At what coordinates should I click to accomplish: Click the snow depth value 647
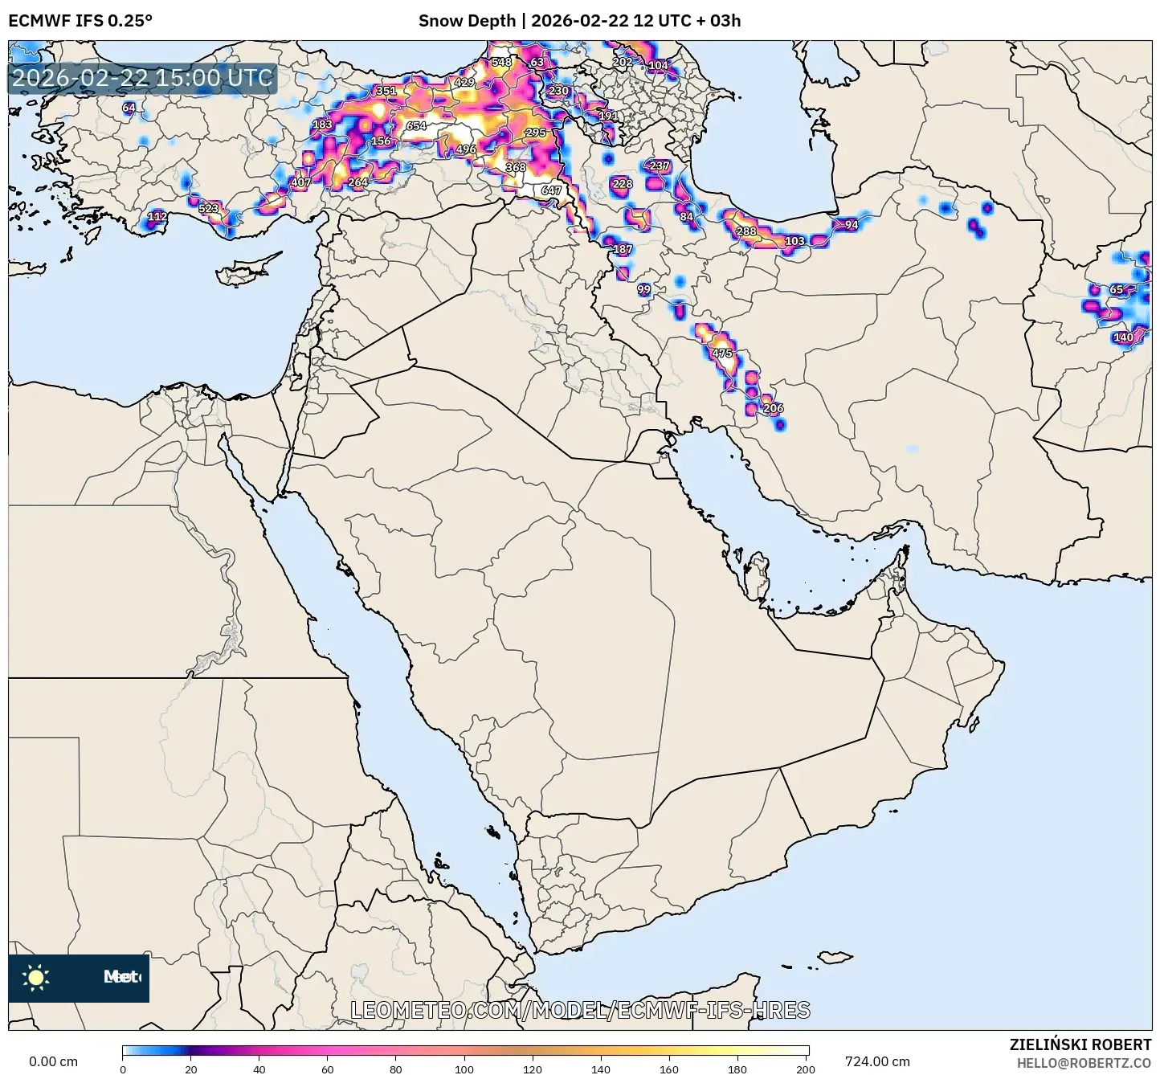coord(551,190)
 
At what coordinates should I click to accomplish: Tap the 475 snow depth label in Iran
coord(722,354)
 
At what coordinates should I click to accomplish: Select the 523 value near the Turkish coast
coord(208,209)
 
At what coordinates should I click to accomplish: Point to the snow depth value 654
coord(416,126)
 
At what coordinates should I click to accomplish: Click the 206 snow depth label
coord(773,408)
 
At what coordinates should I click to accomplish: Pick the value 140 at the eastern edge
coord(1123,337)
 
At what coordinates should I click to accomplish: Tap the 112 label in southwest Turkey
coord(157,216)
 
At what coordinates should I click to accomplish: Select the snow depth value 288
coord(746,231)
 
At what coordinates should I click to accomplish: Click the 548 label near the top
coord(501,62)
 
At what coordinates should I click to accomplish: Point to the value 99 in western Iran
coord(644,289)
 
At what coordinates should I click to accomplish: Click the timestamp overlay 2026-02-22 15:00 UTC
coord(142,79)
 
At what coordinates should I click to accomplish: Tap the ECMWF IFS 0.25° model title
coord(80,21)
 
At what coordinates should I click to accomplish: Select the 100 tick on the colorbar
coord(464,1069)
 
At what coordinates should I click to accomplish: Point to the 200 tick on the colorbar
coord(805,1069)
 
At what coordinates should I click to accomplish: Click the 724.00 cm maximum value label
coord(877,1061)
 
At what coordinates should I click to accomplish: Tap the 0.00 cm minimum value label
coord(54,1061)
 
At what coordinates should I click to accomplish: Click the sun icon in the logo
coord(36,978)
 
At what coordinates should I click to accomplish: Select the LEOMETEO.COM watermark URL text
coord(580,1011)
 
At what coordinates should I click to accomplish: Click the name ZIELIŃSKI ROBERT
coord(1080,1044)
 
